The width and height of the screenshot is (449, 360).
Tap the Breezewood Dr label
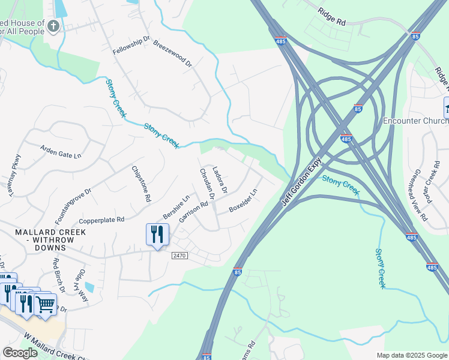[172, 54]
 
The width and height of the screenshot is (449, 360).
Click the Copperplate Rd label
[101, 220]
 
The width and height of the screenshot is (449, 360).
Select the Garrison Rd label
[193, 212]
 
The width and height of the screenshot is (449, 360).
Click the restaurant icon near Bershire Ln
[157, 233]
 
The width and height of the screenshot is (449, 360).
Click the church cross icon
[53, 26]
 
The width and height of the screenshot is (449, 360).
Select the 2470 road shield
[179, 256]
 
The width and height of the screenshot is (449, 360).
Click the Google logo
[20, 353]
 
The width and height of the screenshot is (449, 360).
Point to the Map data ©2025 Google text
[411, 355]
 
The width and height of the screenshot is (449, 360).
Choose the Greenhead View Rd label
[418, 198]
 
